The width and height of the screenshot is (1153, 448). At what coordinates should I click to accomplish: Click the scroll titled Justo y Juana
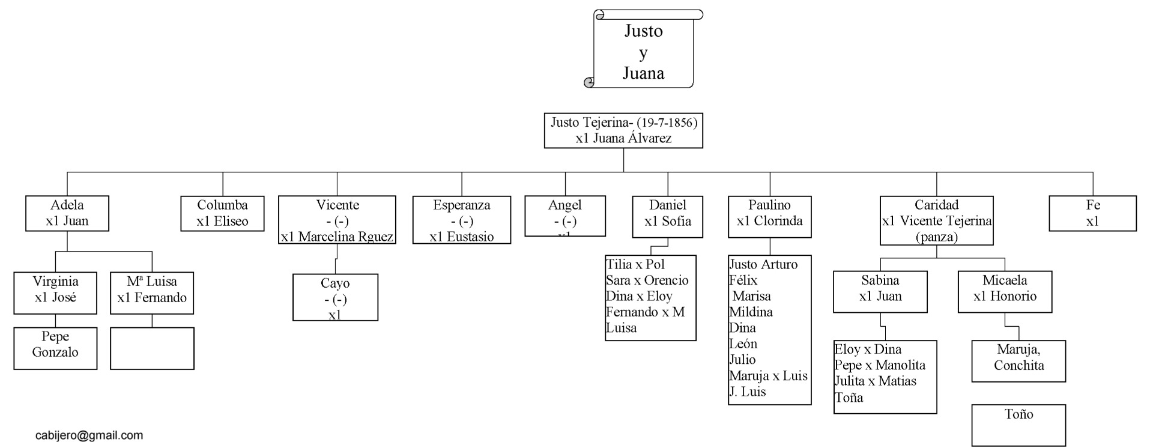643,51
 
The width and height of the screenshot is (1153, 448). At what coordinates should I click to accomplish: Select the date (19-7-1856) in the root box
667,123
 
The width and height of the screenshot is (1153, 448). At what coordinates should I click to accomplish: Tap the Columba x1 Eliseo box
222,213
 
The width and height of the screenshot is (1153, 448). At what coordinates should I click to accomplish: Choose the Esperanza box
461,220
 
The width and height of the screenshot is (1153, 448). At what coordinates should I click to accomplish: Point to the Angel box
564,216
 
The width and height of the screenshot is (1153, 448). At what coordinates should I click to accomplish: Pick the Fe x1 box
1092,213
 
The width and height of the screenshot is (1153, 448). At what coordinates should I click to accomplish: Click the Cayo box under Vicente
335,298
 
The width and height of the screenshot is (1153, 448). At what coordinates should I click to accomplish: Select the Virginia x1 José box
55,292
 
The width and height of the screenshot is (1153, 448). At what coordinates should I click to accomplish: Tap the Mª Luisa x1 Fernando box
152,293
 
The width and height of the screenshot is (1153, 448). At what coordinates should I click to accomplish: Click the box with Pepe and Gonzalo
55,348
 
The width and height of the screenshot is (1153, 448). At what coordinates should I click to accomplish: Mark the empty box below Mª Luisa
152,348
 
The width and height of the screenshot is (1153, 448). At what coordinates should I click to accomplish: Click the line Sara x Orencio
647,280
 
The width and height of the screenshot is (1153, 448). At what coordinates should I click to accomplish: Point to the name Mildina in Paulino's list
751,312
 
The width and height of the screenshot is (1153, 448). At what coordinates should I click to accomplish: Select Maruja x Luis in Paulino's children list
768,377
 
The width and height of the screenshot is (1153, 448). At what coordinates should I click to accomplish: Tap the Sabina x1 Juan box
880,291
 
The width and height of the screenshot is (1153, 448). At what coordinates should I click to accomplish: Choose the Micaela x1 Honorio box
1005,291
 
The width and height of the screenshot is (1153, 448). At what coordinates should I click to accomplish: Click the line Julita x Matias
875,381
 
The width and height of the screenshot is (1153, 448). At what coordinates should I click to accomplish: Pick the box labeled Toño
1018,424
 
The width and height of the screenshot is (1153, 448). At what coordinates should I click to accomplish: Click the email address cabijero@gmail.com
89,435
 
